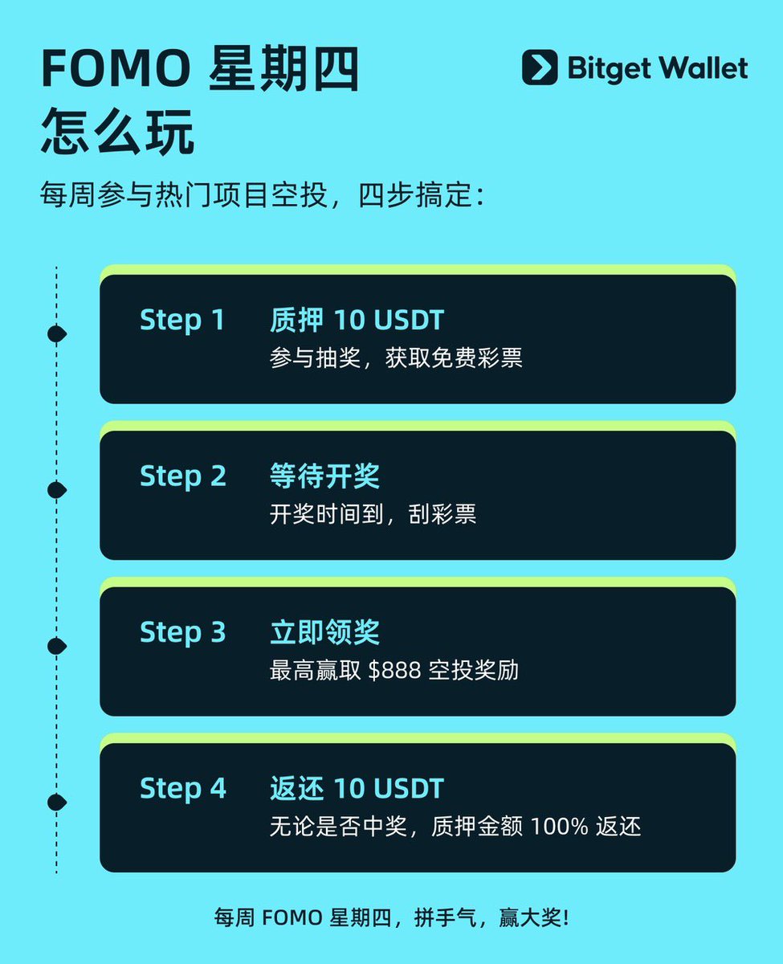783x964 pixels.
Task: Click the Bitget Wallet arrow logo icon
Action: pos(540,67)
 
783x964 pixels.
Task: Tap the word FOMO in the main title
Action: pos(116,69)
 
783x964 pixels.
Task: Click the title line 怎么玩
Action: pos(117,132)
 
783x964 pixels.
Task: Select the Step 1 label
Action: pos(182,321)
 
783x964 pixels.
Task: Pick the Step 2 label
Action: pos(183,476)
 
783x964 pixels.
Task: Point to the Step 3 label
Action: pos(183,633)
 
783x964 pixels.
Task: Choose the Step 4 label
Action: pos(183,789)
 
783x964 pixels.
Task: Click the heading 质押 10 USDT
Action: pos(357,320)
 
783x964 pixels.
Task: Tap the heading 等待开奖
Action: pos(324,476)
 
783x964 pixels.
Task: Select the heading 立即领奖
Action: pos(324,632)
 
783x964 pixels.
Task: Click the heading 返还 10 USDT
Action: pos(357,788)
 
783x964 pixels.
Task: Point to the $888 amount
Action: pos(394,670)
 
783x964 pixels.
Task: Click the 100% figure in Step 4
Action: pos(559,827)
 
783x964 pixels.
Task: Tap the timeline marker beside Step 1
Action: pos(57,334)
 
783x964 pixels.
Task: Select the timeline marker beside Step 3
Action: pos(57,647)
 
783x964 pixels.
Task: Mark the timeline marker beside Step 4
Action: pos(57,803)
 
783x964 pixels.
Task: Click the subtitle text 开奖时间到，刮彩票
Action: pos(373,514)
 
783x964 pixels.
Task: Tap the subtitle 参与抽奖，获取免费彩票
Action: pos(396,358)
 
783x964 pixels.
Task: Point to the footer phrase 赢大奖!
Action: pos(534,918)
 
